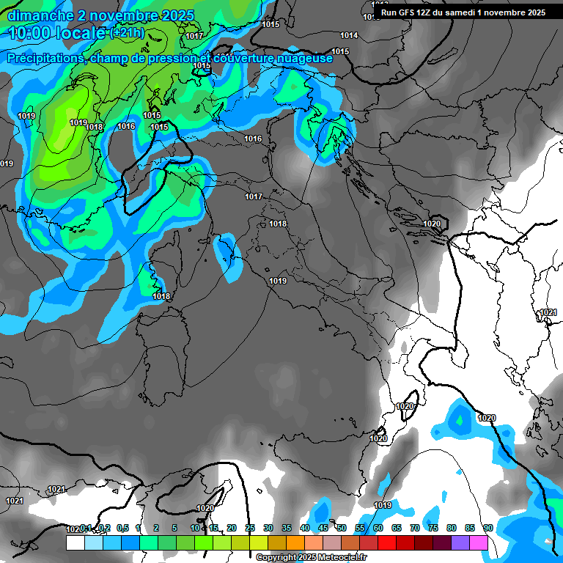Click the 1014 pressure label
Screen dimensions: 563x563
point(349,35)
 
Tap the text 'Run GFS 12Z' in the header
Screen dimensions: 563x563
point(406,12)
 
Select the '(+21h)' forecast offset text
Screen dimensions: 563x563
point(127,32)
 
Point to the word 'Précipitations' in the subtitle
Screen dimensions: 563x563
point(43,59)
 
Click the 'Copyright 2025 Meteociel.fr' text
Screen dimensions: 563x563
point(311,558)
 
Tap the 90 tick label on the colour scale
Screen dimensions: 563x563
point(487,528)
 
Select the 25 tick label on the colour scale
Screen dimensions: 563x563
point(250,528)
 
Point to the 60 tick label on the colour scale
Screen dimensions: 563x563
point(378,528)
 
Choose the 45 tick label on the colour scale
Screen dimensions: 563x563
point(323,528)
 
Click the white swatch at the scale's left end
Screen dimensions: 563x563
point(75,543)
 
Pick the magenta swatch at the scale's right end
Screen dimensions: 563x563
point(479,543)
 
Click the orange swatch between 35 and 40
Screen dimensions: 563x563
point(295,543)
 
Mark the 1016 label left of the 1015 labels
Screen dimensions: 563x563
point(126,126)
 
